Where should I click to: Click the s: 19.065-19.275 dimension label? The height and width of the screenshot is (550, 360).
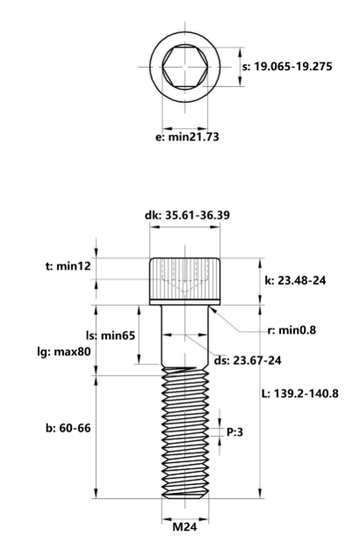coord(287,66)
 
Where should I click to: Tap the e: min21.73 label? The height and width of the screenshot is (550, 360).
coord(187,136)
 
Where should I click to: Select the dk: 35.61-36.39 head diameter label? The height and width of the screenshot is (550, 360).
coord(188,215)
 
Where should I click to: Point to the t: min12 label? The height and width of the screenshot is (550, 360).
coord(68,266)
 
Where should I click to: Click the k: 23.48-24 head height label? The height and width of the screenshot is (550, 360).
coord(295,280)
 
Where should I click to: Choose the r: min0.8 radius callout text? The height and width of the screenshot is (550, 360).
coord(292,330)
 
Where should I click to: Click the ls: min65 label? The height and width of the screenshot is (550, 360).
coord(111,336)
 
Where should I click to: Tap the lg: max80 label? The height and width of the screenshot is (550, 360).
coord(64,351)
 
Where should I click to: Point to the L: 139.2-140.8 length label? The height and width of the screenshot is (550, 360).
coord(300,394)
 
